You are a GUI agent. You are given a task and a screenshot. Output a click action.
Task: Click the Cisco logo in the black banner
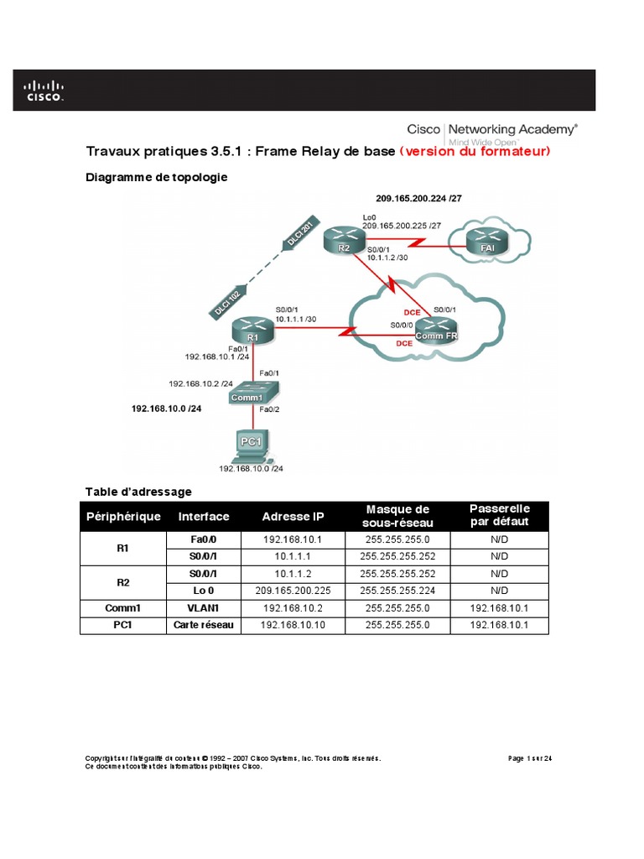coord(43,90)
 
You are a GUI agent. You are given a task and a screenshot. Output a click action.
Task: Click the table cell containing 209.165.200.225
coord(293,590)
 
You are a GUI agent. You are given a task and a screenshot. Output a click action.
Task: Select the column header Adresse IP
coord(293,517)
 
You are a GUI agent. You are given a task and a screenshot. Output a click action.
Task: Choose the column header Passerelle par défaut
coord(499,517)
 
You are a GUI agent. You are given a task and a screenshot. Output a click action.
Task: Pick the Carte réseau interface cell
coord(205,625)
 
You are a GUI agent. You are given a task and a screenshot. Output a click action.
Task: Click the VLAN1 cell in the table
coord(205,607)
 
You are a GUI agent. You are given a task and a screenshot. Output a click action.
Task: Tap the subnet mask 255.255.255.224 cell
coord(397,590)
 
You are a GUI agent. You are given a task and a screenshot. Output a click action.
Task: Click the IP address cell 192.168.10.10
coord(293,625)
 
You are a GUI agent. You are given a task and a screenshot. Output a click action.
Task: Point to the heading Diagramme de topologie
coord(156,177)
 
